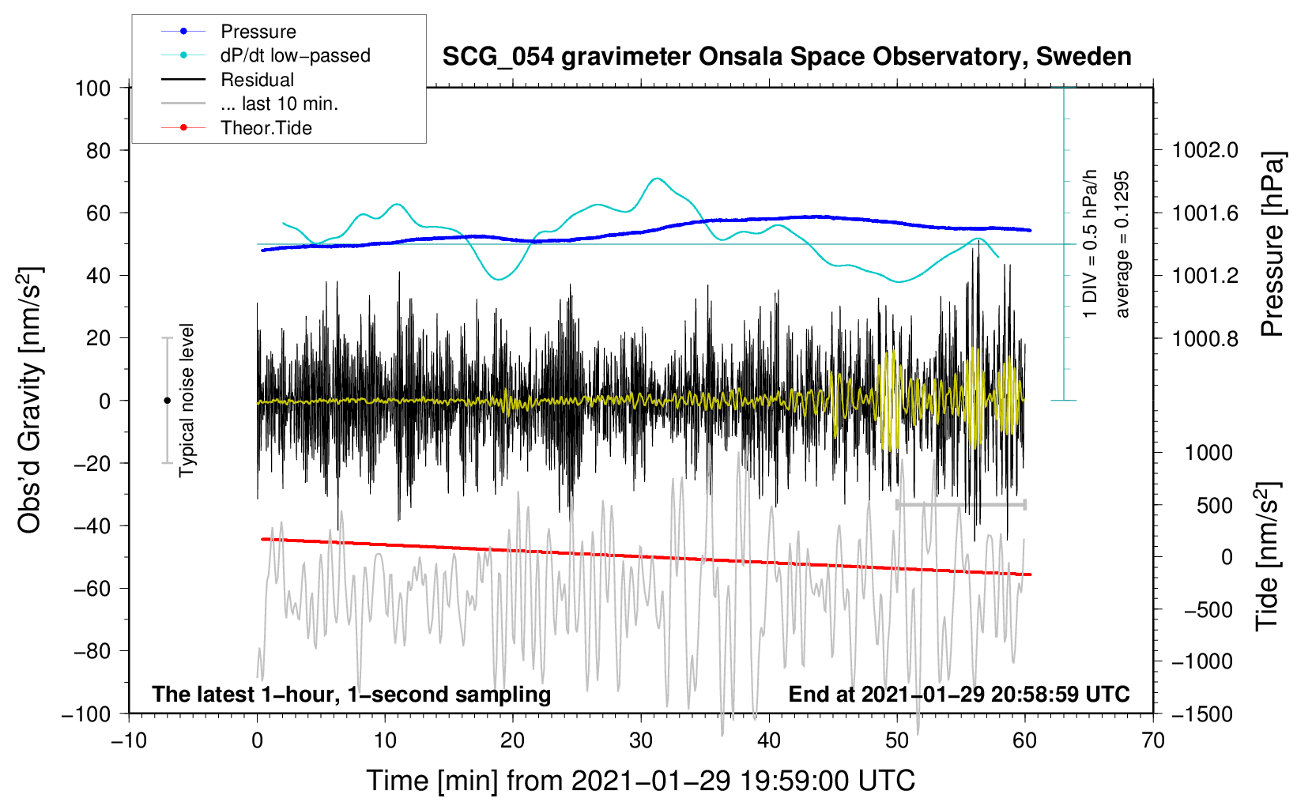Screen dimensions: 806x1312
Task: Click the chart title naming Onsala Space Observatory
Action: click(x=786, y=57)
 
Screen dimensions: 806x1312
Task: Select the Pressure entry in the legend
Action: click(x=258, y=32)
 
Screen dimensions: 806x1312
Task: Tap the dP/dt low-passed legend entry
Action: click(x=295, y=55)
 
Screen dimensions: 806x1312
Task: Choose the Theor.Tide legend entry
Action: click(x=266, y=128)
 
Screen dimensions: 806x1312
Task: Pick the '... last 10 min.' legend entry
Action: click(x=279, y=104)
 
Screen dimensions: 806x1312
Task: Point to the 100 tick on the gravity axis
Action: click(x=93, y=88)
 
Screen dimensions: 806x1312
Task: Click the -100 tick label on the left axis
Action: click(x=87, y=714)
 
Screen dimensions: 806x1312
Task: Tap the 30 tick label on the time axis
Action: click(x=641, y=740)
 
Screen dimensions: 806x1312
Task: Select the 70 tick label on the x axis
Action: click(x=1153, y=740)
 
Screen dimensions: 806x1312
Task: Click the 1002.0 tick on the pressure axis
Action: click(x=1205, y=150)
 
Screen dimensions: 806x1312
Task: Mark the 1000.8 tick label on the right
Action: click(x=1205, y=338)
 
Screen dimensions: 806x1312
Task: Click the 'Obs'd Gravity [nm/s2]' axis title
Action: click(x=30, y=401)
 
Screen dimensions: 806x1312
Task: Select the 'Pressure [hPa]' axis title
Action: click(x=1272, y=245)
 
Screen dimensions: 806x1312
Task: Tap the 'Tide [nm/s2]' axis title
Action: click(x=1268, y=557)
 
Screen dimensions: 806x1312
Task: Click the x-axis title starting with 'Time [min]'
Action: click(x=641, y=781)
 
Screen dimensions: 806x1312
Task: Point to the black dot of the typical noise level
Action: click(x=167, y=401)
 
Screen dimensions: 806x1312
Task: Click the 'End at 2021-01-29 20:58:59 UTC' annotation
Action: click(x=959, y=694)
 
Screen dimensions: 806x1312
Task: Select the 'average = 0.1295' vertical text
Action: click(x=1122, y=245)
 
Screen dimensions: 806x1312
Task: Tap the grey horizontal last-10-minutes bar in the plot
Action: click(x=961, y=504)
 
